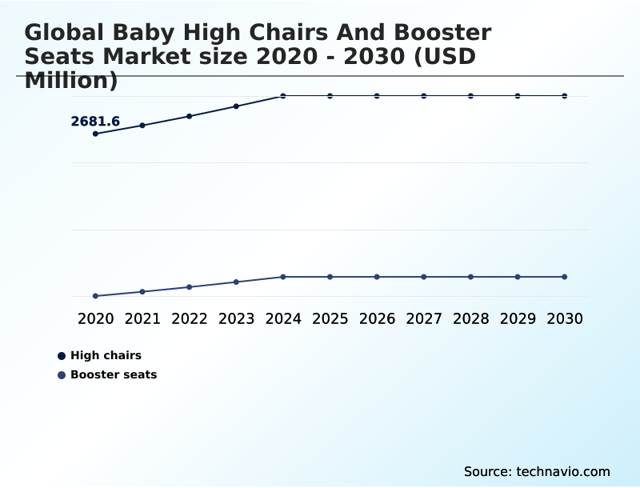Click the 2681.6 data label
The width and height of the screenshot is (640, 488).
tap(95, 122)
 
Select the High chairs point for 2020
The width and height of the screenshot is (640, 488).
tap(96, 134)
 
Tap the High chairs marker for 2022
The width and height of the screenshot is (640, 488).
tap(190, 116)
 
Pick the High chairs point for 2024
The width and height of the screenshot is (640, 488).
tap(283, 96)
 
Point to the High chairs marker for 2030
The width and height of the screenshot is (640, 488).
tap(565, 96)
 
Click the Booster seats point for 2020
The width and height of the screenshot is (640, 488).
tap(96, 296)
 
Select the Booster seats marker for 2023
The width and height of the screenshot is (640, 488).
tap(236, 282)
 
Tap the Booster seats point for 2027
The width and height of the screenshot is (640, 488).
tap(424, 277)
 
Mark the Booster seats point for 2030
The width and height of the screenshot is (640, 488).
tap(565, 277)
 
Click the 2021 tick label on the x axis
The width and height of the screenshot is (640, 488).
tap(142, 318)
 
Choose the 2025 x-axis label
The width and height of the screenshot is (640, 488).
tap(330, 318)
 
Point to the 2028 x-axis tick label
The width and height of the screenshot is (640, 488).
tap(471, 318)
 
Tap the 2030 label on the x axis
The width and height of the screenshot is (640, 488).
tap(565, 318)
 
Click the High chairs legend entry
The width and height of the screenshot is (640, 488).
tap(106, 355)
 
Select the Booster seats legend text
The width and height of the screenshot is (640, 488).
tap(114, 374)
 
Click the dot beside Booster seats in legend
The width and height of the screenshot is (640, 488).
tap(62, 374)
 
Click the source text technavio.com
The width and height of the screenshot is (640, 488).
tap(563, 471)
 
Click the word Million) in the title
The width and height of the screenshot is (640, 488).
tap(71, 80)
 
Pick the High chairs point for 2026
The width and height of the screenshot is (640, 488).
tap(377, 96)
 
